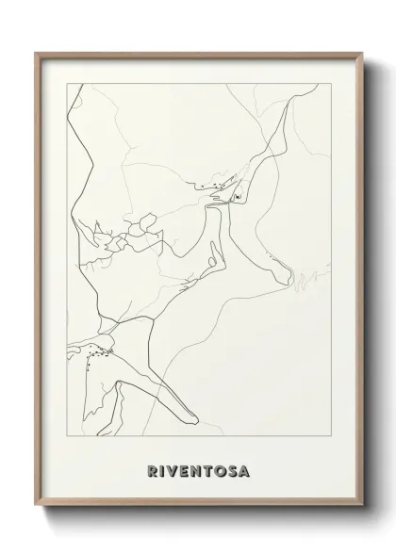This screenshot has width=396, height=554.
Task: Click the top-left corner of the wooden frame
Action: [37, 52]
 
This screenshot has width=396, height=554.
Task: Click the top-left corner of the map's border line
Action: [63, 83]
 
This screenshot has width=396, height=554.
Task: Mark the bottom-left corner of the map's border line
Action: [63, 439]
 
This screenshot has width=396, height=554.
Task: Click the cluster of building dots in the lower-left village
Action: [97, 354]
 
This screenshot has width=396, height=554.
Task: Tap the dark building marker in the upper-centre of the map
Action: [236, 196]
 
